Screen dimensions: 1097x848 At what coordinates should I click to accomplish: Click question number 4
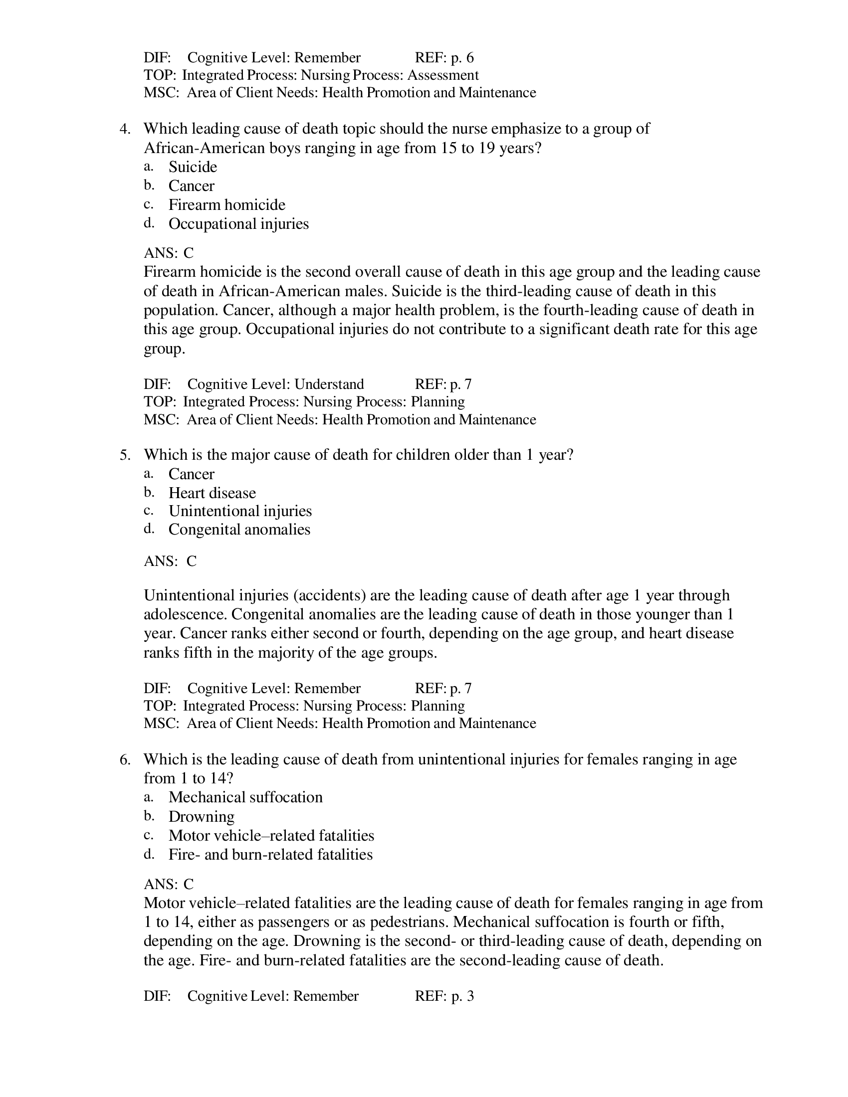click(x=125, y=129)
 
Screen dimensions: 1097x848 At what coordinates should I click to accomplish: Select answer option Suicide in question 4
click(x=193, y=167)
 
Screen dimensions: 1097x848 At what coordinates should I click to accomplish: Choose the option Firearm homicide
click(x=226, y=205)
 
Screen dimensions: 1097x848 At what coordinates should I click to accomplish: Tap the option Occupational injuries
click(x=238, y=224)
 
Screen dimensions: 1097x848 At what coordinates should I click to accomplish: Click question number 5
click(x=125, y=455)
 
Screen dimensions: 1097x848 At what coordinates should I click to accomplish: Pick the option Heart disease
click(x=212, y=493)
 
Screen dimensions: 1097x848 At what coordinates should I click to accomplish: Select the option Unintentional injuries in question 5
click(x=239, y=511)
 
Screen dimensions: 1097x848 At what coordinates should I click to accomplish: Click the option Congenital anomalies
click(x=239, y=530)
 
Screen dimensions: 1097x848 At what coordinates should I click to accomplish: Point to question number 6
click(x=125, y=759)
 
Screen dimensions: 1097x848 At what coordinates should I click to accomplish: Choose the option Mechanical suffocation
click(x=245, y=798)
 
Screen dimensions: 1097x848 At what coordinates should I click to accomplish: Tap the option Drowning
click(x=202, y=817)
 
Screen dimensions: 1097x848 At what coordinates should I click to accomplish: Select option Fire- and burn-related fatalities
click(x=270, y=855)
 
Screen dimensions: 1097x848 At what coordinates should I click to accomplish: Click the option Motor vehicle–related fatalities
click(x=271, y=836)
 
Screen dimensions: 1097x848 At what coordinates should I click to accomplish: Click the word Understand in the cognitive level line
click(x=329, y=384)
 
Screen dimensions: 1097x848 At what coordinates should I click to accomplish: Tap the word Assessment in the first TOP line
click(x=442, y=75)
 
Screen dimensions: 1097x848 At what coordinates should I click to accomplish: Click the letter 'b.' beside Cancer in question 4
click(x=149, y=185)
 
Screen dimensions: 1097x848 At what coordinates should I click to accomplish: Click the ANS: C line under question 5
click(x=170, y=561)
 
